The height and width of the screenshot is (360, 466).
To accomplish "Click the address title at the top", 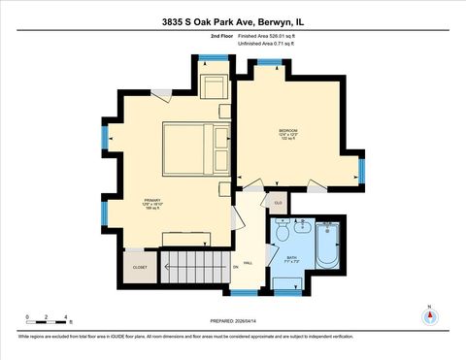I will pyautogui.click(x=233, y=18).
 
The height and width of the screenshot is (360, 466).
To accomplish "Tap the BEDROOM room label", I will pyautogui.click(x=289, y=129).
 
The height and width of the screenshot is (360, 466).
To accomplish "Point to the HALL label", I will pyautogui.click(x=248, y=262).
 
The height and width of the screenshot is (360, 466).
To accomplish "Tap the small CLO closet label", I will pyautogui.click(x=277, y=202).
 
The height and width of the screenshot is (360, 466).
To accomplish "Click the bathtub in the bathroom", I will pyautogui.click(x=326, y=245).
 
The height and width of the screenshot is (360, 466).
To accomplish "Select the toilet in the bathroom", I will pyautogui.click(x=282, y=233).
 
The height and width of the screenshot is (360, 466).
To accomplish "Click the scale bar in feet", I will pyautogui.click(x=47, y=316).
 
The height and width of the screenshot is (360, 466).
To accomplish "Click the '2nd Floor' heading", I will pyautogui.click(x=222, y=36).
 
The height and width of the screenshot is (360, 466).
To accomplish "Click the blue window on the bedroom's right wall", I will pyautogui.click(x=360, y=170).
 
